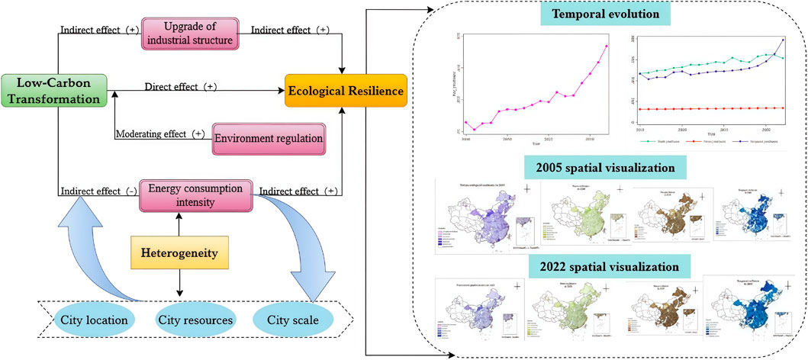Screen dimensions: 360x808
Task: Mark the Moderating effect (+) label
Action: point(160,134)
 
